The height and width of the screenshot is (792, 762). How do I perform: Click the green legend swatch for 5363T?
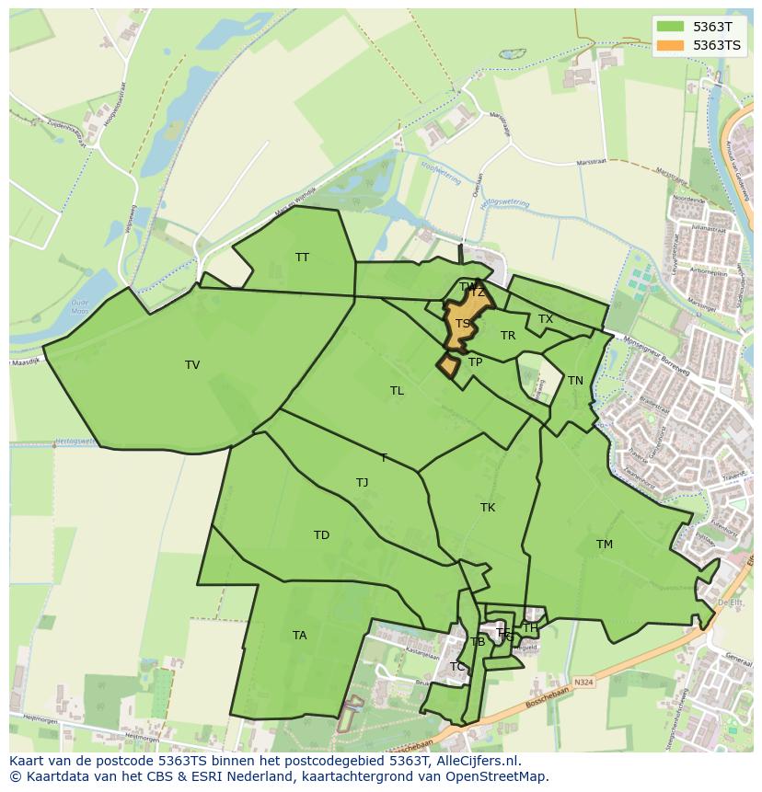pos(671,26)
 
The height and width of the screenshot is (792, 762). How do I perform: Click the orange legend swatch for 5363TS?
pos(671,44)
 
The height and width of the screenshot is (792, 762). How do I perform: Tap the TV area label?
pos(192,365)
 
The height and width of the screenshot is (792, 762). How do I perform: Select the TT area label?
pos(302,258)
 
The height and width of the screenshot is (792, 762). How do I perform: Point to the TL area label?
pos(397,391)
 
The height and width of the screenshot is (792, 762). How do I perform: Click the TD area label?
pos(321,535)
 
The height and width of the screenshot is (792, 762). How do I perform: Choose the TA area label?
pos(299,636)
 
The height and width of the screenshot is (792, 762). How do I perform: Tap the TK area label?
pos(488,508)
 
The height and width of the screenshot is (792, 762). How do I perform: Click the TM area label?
pos(604,545)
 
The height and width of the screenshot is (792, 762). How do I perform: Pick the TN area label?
pos(575,381)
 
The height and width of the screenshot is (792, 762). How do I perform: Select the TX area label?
pos(546,319)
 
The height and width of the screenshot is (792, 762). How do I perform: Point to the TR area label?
pos(508,336)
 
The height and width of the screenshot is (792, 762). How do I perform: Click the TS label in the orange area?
pos(463,324)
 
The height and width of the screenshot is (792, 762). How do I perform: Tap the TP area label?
pos(475,362)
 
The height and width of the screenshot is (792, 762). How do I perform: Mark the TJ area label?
pos(362,483)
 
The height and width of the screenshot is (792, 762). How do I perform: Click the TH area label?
pos(530,628)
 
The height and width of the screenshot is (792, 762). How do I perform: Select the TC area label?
pos(457,667)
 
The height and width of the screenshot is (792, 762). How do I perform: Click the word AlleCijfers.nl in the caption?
pos(478,761)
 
